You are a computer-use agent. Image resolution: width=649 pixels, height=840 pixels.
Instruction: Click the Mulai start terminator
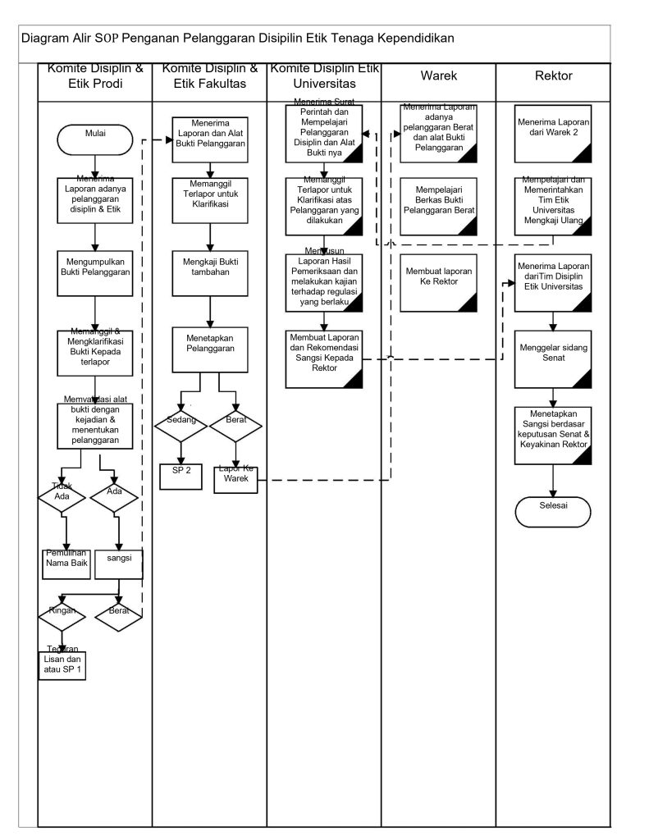(95, 135)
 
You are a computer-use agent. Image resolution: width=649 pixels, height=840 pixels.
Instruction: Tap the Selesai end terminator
(554, 511)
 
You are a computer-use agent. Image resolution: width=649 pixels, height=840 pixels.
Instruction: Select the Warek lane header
(439, 76)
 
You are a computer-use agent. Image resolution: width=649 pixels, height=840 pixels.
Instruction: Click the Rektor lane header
(554, 76)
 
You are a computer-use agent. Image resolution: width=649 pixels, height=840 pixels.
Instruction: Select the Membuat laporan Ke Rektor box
(439, 283)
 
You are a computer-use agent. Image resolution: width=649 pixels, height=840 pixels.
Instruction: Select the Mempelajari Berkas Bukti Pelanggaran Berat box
(439, 205)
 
